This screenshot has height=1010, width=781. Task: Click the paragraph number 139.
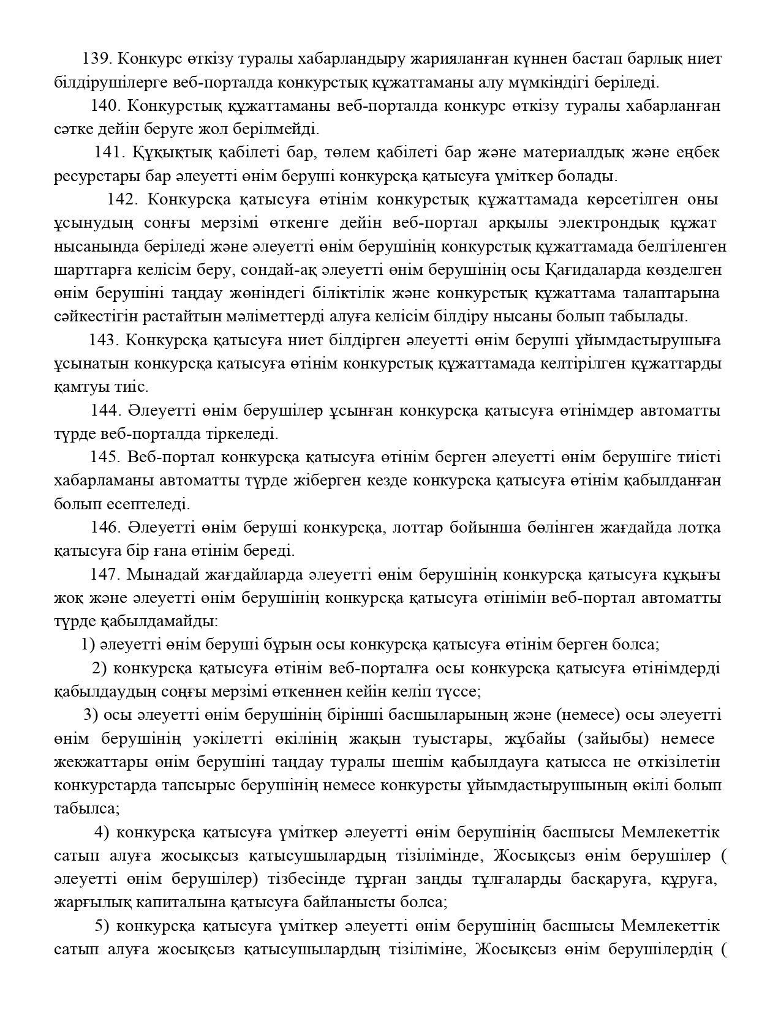(x=96, y=59)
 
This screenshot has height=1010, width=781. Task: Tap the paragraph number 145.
(x=106, y=457)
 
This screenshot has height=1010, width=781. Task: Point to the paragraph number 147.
(x=105, y=575)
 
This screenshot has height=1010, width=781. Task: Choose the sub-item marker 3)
(x=91, y=715)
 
